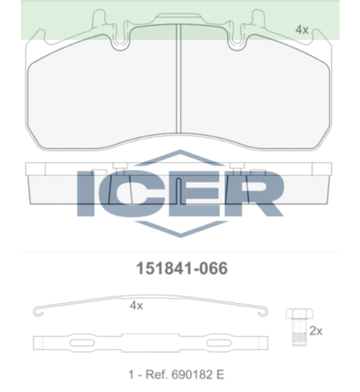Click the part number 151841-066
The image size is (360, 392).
click(x=182, y=269)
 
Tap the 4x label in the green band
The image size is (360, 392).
click(x=302, y=29)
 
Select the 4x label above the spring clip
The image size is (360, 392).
click(x=136, y=306)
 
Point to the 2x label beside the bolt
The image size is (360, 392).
click(x=316, y=331)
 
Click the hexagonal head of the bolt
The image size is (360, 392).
click(x=300, y=313)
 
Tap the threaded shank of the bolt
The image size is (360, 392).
click(x=300, y=332)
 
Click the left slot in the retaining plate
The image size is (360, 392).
click(x=82, y=343)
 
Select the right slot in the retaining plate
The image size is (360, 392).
click(x=219, y=343)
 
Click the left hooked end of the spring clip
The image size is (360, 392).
click(x=38, y=312)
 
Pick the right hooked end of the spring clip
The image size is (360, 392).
click(x=263, y=312)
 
